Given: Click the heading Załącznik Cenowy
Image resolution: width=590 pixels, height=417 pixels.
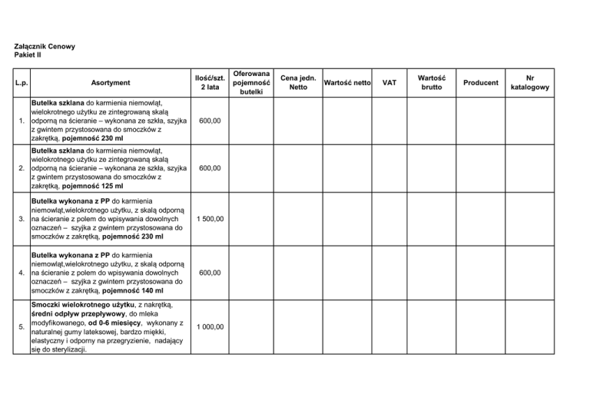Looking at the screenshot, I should [45, 46].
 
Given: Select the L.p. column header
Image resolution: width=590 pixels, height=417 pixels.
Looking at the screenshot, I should [20, 82].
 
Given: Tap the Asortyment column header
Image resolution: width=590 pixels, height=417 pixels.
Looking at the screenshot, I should [110, 82].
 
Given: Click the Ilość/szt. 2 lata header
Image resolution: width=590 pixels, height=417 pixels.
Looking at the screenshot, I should [208, 82].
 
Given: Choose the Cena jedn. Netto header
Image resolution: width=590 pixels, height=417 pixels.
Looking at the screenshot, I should [298, 82].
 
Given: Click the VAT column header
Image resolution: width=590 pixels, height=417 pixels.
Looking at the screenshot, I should [389, 82].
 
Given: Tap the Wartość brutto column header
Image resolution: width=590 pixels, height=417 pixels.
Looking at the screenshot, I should [432, 82].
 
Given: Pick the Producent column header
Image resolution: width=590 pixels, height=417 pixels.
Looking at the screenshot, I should [482, 82].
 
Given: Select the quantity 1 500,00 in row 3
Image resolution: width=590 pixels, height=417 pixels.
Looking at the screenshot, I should [208, 220].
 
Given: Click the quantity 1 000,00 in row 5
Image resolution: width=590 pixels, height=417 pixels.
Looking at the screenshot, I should [208, 326].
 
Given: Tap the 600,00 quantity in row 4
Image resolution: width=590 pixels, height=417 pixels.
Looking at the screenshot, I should [210, 273].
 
